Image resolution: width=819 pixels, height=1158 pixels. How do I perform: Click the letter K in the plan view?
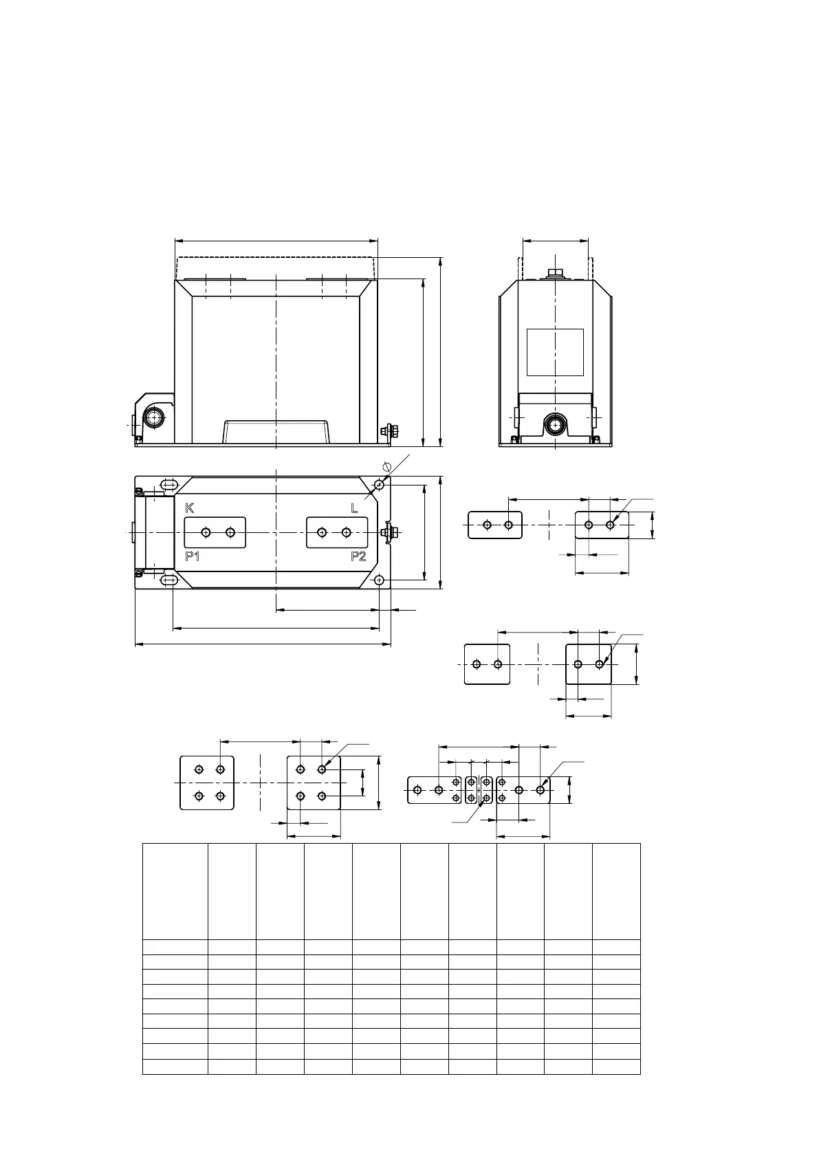(190, 508)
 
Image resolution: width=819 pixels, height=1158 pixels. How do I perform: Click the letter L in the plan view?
(355, 509)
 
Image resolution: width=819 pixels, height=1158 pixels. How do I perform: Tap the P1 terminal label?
(193, 556)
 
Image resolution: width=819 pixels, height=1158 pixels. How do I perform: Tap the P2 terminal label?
(358, 556)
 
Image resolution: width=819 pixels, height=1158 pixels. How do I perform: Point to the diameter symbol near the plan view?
(387, 467)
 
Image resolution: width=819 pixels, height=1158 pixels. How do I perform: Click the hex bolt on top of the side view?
(555, 274)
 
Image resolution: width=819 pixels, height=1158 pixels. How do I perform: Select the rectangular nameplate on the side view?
(555, 352)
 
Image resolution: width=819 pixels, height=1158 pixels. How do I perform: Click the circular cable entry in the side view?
(554, 426)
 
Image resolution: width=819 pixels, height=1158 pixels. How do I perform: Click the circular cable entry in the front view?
(153, 419)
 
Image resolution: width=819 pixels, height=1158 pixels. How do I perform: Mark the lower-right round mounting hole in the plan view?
(380, 580)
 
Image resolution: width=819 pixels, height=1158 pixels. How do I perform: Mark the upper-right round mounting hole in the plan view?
(380, 485)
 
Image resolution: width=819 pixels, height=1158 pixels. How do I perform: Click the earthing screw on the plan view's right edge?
(387, 532)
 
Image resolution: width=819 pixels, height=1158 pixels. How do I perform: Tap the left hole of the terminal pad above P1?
(206, 532)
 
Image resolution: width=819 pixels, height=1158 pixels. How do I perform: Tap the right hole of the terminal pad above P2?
(346, 532)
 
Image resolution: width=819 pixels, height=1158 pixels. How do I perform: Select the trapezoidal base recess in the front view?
(276, 432)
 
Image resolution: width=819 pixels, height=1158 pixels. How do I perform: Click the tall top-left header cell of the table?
(175, 891)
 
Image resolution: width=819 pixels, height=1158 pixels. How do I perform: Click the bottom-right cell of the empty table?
(616, 1067)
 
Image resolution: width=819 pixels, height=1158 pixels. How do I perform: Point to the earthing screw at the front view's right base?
(386, 431)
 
